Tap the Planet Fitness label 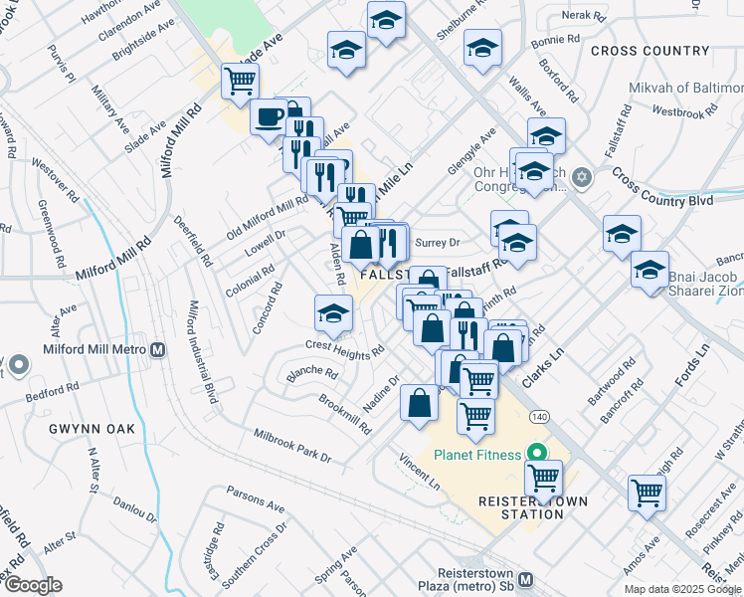[477, 455]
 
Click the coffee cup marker [269, 116]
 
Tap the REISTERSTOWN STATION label [519, 507]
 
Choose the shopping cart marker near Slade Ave [240, 82]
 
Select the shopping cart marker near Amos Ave [647, 492]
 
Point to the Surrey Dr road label [438, 242]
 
